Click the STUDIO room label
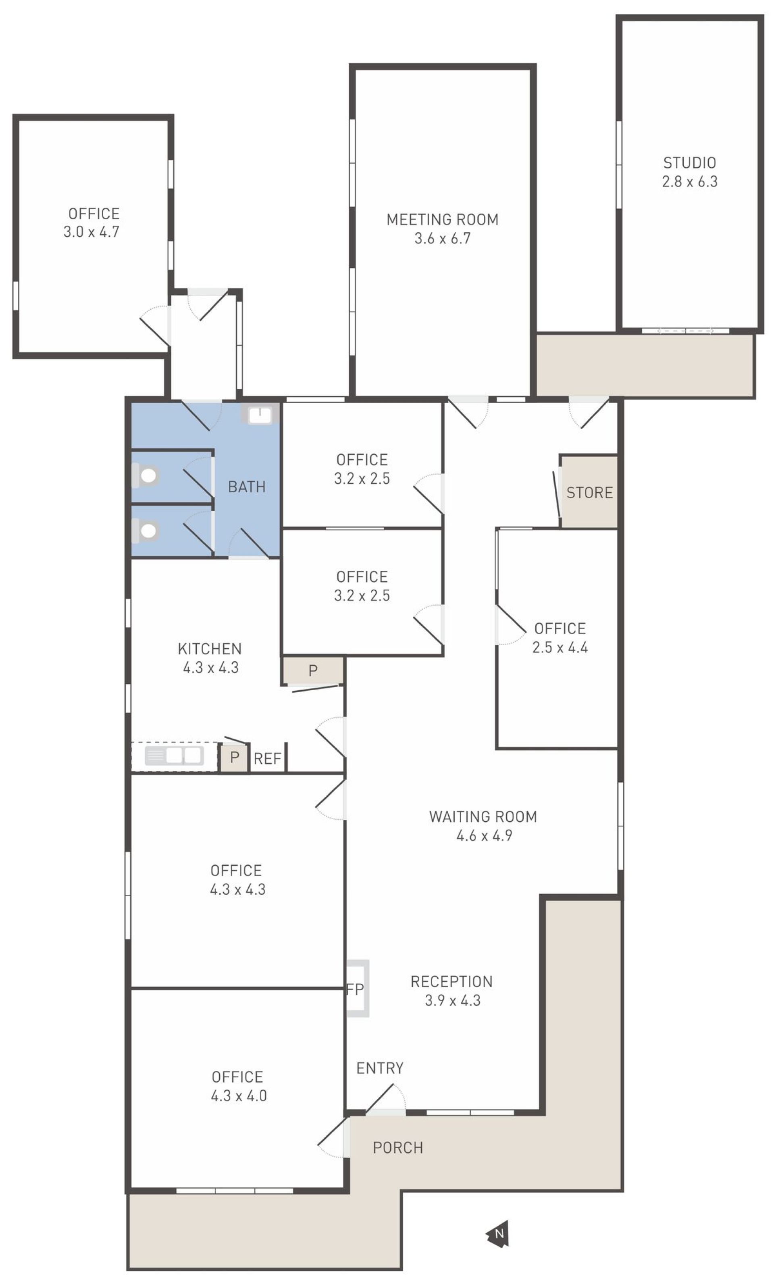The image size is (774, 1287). tap(689, 163)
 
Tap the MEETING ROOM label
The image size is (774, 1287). tap(442, 220)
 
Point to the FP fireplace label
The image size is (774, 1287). tap(355, 989)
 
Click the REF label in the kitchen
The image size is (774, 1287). tap(267, 758)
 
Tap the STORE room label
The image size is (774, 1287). tap(589, 492)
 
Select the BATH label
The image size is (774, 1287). tap(247, 487)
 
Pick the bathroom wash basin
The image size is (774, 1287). tap(259, 415)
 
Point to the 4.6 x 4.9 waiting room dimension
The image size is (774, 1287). tap(484, 835)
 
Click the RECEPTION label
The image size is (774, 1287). tap(451, 981)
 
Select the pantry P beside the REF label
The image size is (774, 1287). tap(235, 757)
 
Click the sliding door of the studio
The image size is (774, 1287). tap(685, 331)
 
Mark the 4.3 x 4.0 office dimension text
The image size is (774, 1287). tap(238, 1095)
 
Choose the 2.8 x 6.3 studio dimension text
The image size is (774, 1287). tap(689, 181)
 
